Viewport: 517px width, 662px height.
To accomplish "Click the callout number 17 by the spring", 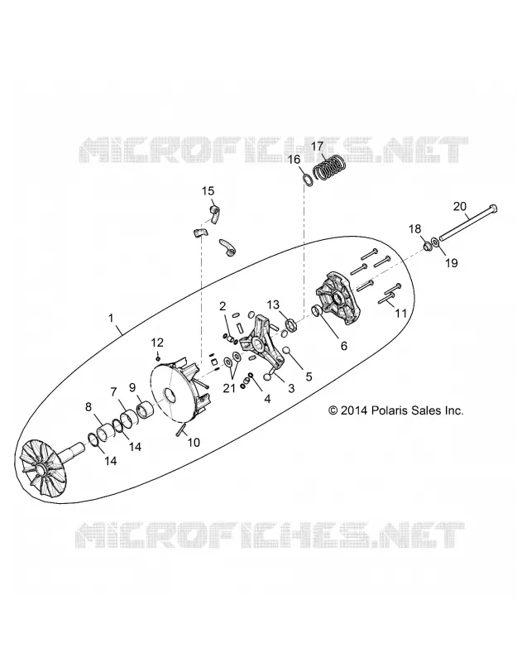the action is pyautogui.click(x=318, y=146).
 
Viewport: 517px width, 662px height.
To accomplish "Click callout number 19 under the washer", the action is pyautogui.click(x=451, y=263).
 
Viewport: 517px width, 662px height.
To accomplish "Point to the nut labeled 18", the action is pyautogui.click(x=426, y=244).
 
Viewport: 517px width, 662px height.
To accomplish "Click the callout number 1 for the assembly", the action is pyautogui.click(x=111, y=318).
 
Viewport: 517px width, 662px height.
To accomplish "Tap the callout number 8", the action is pyautogui.click(x=88, y=407).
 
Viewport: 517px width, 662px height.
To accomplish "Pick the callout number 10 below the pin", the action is pyautogui.click(x=194, y=442).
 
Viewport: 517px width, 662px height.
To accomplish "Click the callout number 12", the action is pyautogui.click(x=157, y=342).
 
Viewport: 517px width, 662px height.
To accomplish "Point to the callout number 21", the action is pyautogui.click(x=229, y=388).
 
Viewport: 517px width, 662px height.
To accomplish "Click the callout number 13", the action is pyautogui.click(x=273, y=305).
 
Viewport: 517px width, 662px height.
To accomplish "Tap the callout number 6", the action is pyautogui.click(x=344, y=346).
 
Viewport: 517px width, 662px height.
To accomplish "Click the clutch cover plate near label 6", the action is pyautogui.click(x=339, y=299).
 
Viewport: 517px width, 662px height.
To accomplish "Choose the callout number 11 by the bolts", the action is pyautogui.click(x=400, y=313).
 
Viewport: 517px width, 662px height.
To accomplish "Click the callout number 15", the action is pyautogui.click(x=208, y=191).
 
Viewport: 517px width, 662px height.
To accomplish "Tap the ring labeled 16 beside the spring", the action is pyautogui.click(x=308, y=178).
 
